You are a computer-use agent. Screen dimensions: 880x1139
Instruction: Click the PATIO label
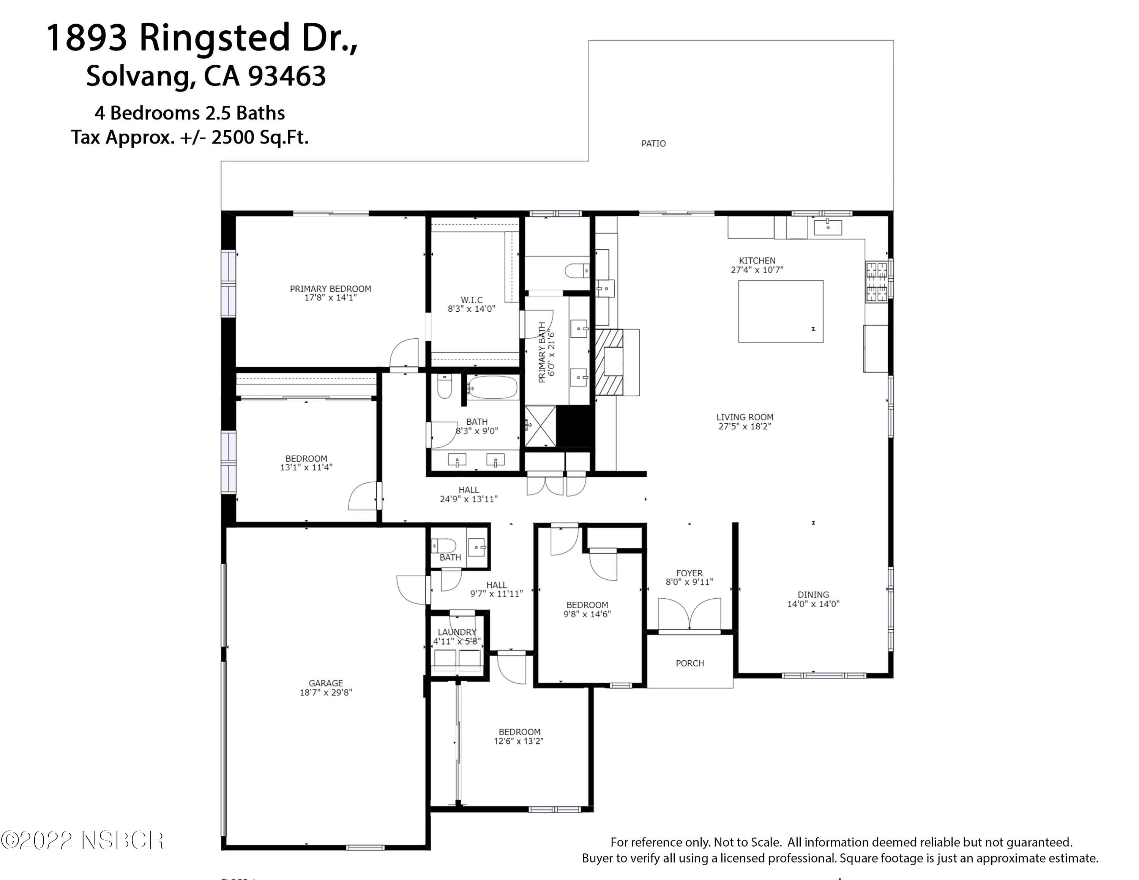(x=653, y=144)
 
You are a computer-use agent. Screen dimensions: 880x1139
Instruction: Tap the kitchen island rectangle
(x=780, y=311)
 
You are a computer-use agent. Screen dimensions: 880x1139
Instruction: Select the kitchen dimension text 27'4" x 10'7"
(x=757, y=270)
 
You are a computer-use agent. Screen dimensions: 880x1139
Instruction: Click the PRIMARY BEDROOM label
(x=330, y=288)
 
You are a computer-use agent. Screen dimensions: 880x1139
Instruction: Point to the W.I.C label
(x=472, y=300)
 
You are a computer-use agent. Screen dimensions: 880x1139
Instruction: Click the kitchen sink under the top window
(x=827, y=227)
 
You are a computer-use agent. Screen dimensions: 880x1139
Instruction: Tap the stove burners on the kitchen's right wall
(x=876, y=282)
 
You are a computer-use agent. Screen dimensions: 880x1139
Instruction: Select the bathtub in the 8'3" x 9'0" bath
(x=492, y=387)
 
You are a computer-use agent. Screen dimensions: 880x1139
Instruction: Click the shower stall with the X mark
(x=540, y=426)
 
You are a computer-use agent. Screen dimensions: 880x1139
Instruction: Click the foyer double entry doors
(x=689, y=615)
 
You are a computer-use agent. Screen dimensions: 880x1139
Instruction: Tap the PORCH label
(x=689, y=663)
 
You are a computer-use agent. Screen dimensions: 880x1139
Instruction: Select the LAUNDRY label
(x=457, y=632)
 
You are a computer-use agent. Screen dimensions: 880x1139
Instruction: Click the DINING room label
(x=812, y=594)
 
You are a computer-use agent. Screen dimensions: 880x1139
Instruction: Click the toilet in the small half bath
(x=444, y=546)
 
